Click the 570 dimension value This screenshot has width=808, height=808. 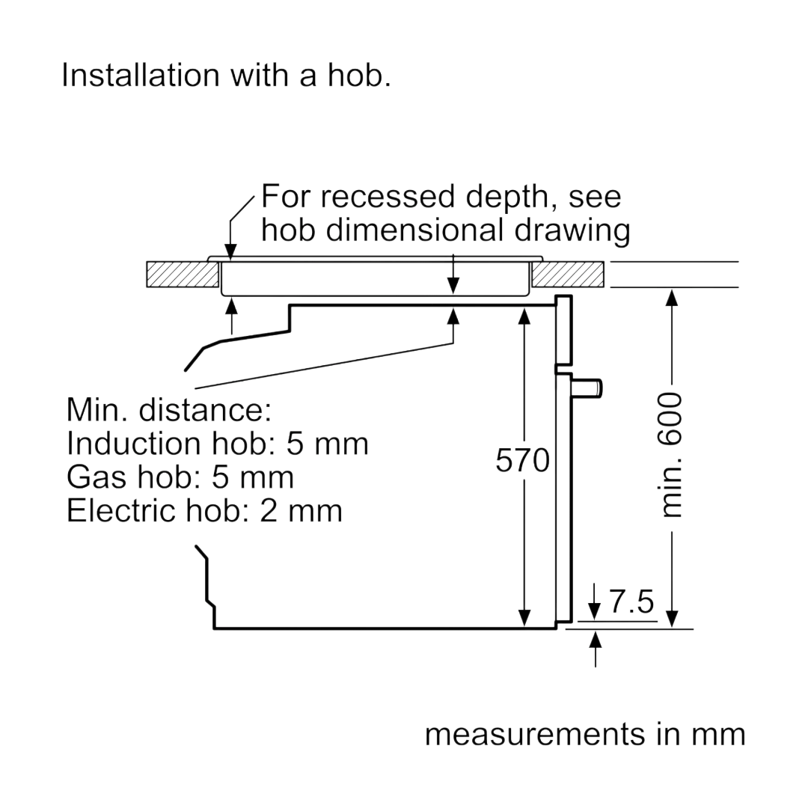pyautogui.click(x=522, y=460)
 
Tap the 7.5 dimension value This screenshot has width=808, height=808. pyautogui.click(x=631, y=601)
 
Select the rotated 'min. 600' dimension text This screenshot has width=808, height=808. pyautogui.click(x=670, y=455)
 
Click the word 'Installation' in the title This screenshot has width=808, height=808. pyautogui.click(x=141, y=75)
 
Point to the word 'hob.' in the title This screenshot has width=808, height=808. pyautogui.click(x=359, y=75)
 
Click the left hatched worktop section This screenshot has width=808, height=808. pyautogui.click(x=183, y=274)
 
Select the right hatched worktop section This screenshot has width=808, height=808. pyautogui.click(x=568, y=274)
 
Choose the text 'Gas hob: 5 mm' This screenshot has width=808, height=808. pyautogui.click(x=180, y=477)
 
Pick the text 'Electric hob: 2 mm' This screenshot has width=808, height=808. pyautogui.click(x=204, y=510)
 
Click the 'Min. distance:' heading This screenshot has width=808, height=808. pyautogui.click(x=169, y=410)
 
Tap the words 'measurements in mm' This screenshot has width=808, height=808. pyautogui.click(x=585, y=734)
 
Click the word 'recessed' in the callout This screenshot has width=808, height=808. pyautogui.click(x=388, y=196)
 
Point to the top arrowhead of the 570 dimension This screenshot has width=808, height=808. pyautogui.click(x=524, y=316)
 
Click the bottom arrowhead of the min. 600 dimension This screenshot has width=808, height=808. pyautogui.click(x=671, y=619)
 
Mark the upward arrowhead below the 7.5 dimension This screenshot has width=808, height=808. pyautogui.click(x=596, y=640)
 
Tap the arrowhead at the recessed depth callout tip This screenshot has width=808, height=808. pyautogui.click(x=230, y=252)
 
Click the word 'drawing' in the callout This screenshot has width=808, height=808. pyautogui.click(x=572, y=230)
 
